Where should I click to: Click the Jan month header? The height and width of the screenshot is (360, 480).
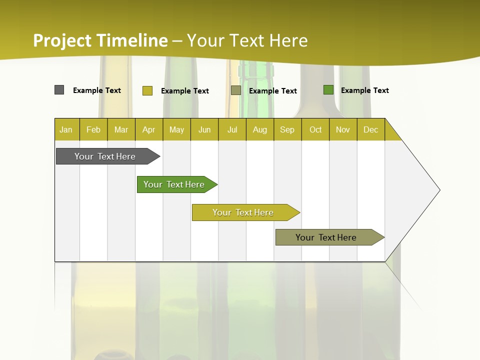tap(66, 129)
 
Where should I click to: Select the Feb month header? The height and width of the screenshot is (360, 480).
tap(93, 129)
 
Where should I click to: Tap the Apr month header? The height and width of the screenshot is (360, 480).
tap(149, 129)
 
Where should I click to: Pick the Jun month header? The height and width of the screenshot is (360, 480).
tap(204, 129)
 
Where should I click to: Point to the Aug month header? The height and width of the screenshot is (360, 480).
tap(260, 129)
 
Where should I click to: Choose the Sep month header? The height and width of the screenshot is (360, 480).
tap(287, 129)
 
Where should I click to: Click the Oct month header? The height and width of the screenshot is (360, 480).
tap(315, 129)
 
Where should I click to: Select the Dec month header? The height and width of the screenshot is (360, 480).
tap(371, 129)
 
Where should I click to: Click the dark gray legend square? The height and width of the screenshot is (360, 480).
tap(59, 90)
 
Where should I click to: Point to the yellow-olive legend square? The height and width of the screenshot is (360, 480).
tap(147, 90)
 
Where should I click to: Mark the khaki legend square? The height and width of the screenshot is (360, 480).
tap(236, 90)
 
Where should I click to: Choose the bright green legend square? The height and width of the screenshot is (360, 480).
tap(328, 90)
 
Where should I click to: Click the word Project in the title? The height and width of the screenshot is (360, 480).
tap(63, 40)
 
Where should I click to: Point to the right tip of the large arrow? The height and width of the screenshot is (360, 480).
tap(439, 190)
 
